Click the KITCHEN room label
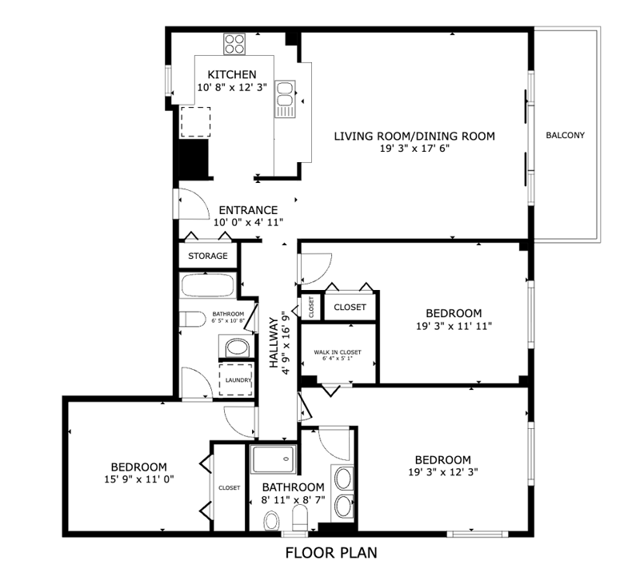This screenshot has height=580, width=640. (x=232, y=74)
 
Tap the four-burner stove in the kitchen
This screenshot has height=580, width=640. (x=234, y=44)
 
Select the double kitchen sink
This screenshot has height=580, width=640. (x=285, y=99)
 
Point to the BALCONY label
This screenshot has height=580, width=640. (x=566, y=135)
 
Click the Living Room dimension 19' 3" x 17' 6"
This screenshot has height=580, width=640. (x=414, y=149)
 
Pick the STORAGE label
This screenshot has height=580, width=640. (x=208, y=256)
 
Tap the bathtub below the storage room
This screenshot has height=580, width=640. (x=208, y=285)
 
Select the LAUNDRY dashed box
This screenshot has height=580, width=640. (x=236, y=379)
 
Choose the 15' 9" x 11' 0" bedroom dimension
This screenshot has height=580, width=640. (x=139, y=479)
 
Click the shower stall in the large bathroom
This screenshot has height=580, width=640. (x=273, y=459)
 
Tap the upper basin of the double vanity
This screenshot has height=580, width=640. (x=344, y=479)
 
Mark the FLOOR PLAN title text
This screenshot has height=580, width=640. (x=331, y=553)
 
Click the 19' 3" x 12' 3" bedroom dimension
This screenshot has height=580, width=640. (x=443, y=472)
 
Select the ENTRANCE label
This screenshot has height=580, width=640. (x=248, y=210)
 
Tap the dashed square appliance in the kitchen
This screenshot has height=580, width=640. (x=195, y=122)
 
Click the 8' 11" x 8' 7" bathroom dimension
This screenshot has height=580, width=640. (x=293, y=499)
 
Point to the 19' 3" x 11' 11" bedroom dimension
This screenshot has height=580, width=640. (x=454, y=326)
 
